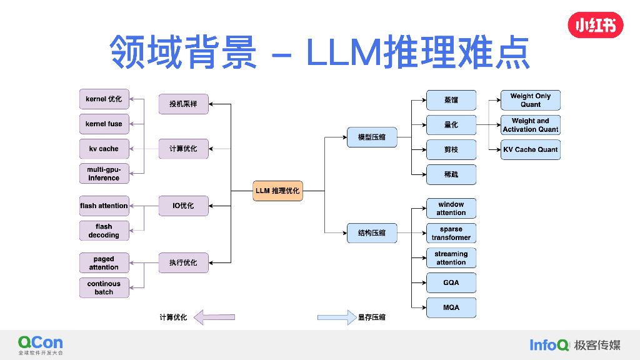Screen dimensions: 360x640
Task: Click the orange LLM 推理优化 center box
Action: pos(277,191)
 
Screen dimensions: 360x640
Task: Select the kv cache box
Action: pos(104,149)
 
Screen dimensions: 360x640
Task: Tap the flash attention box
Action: pos(104,206)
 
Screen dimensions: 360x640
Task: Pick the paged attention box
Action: pos(104,263)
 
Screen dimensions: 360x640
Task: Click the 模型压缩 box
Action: pos(372,137)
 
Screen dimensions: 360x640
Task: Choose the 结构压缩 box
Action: pos(372,233)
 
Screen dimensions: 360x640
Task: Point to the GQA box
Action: pos(451,282)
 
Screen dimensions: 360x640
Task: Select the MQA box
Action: pos(451,307)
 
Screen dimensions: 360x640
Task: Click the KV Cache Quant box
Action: pos(531,149)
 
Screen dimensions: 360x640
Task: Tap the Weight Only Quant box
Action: pos(531,100)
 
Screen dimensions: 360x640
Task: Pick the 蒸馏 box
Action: pos(451,100)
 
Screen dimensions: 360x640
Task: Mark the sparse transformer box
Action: pos(451,233)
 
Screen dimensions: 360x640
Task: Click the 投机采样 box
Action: pos(183,104)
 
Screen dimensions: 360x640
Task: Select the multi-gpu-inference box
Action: pos(104,174)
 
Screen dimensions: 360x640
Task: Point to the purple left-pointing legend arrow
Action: pos(214,317)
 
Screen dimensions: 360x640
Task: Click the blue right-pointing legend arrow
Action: pos(337,317)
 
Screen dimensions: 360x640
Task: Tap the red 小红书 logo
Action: pos(595,26)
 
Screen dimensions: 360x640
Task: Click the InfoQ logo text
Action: pos(549,344)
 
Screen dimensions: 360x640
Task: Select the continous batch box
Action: pos(104,287)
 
